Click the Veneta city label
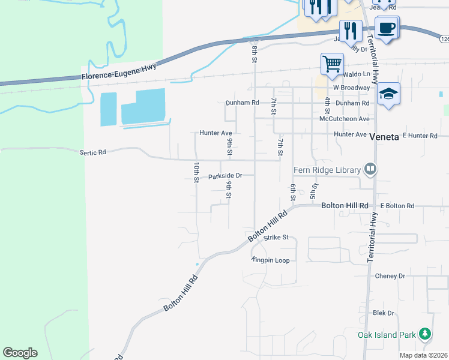click(x=384, y=136)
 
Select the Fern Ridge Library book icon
click(x=370, y=170)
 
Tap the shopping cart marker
click(x=332, y=63)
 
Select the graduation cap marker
click(x=389, y=94)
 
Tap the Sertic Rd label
click(x=92, y=152)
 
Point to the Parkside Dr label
click(x=224, y=176)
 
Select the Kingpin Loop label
click(x=271, y=260)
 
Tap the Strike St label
click(x=277, y=238)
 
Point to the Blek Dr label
click(x=383, y=313)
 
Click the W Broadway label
click(x=352, y=88)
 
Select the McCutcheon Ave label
click(x=344, y=119)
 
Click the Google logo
click(x=20, y=353)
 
